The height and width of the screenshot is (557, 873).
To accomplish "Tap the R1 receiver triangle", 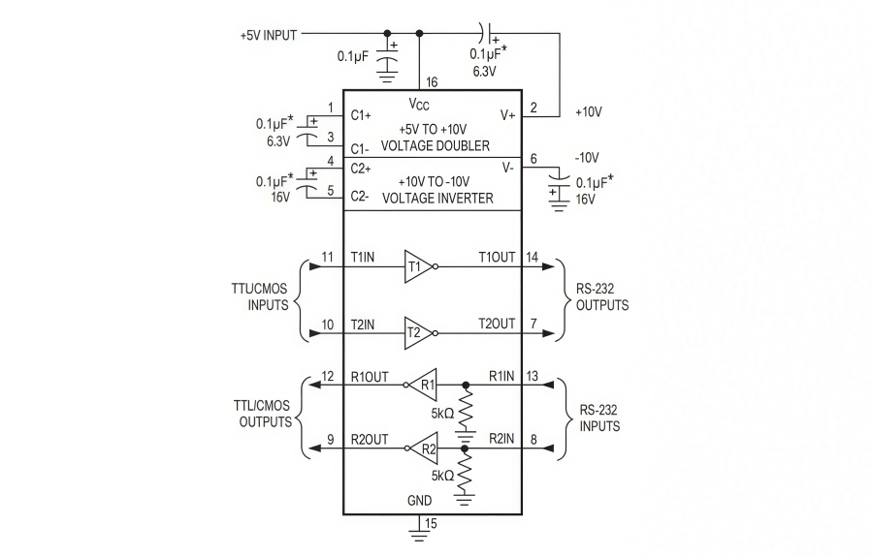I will pos(425,384).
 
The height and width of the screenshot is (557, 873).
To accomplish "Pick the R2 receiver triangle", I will pos(425,448).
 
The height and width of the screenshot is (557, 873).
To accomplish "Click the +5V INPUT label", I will pos(269,34).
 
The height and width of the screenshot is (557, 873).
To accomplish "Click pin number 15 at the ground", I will pos(430,524).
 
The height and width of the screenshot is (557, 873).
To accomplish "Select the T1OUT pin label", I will pos(497,258).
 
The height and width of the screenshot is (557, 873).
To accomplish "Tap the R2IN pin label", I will pos(499,439).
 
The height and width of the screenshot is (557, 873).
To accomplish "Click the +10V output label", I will pos(589,111).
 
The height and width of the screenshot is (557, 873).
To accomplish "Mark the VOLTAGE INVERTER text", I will pos(437,198).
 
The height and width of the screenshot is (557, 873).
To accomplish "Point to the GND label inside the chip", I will pos(419,501).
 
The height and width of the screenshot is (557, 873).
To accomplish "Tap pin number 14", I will pos(533,258).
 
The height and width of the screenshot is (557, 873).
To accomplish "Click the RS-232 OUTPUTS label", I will pos(600,297).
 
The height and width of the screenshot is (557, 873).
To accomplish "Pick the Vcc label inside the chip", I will pos(420,104).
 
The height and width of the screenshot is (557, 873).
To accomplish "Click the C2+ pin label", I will pos(364,168).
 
